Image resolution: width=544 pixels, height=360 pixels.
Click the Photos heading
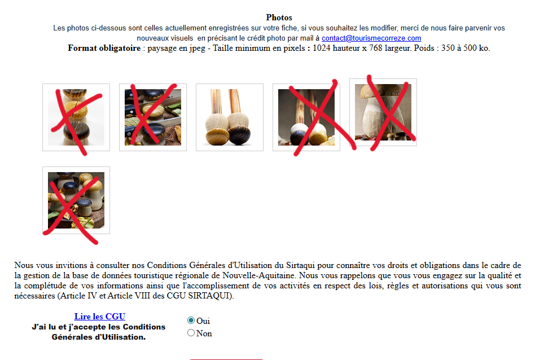[x=279, y=17]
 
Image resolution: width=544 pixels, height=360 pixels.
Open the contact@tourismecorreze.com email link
[x=371, y=38]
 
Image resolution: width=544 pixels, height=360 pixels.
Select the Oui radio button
[x=191, y=320]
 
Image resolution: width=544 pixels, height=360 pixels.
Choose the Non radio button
[x=191, y=333]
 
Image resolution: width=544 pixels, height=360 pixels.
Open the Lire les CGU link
[x=99, y=317]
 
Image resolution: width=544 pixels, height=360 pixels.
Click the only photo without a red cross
[x=229, y=117]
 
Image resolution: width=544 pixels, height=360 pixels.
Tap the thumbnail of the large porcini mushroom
[x=383, y=112]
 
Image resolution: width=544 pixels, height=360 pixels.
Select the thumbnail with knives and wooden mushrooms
[x=153, y=117]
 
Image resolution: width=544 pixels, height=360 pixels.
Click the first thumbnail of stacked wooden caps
[x=76, y=117]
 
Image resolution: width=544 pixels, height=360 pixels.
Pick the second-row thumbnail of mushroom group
[x=76, y=200]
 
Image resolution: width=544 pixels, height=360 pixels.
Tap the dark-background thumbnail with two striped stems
[x=306, y=117]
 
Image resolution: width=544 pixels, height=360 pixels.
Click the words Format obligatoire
[x=104, y=48]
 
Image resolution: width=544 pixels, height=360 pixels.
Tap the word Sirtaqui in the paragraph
[x=300, y=265]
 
